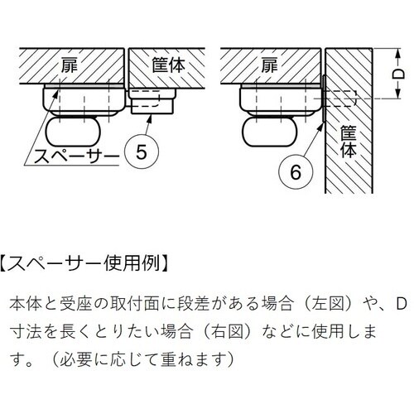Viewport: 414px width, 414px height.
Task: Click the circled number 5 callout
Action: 142,152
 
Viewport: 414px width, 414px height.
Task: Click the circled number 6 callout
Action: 296,172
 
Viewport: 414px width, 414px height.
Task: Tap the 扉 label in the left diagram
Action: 70,65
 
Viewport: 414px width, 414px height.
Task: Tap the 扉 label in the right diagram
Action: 269,65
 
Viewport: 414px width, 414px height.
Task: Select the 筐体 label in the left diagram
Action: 168,65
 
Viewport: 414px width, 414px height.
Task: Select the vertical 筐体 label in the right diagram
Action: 349,142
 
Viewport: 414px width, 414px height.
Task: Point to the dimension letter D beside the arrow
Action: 398,74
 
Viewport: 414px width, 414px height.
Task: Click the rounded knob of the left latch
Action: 73,132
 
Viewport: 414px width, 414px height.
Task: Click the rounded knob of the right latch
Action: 270,132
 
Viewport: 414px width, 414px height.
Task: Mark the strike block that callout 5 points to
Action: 152,101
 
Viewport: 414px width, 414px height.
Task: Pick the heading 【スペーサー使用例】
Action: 84,263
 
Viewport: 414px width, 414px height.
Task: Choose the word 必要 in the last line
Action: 75,359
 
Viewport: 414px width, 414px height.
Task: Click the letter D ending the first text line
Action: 402,304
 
